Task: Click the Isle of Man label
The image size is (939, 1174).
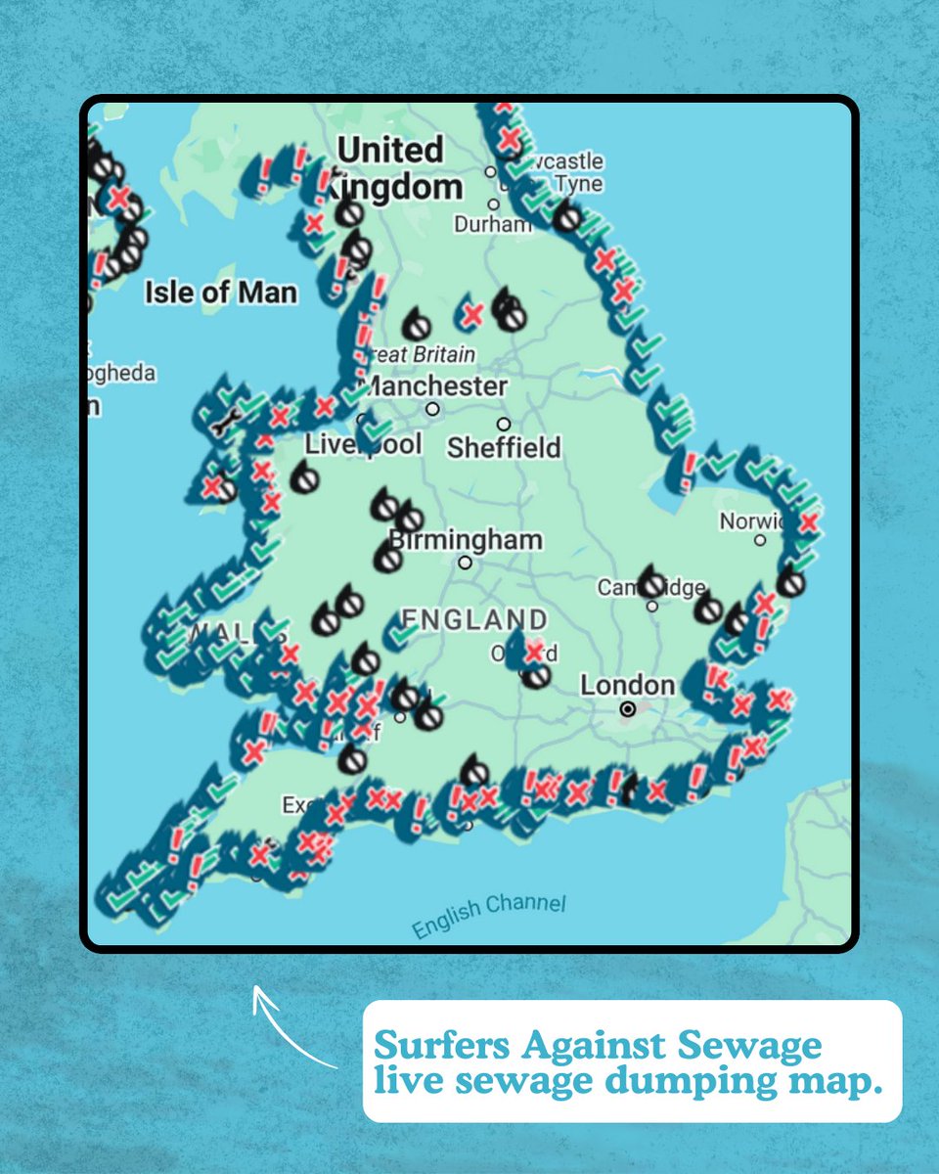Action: click(220, 292)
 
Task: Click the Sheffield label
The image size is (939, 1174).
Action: click(504, 448)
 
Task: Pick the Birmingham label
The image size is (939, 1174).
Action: click(466, 540)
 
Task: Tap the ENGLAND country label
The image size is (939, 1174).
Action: click(474, 619)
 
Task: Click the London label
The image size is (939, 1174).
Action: click(627, 685)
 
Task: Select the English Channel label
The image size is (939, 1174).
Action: click(488, 914)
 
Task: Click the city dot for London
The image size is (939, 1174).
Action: click(628, 709)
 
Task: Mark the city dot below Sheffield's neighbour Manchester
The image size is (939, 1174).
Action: click(432, 409)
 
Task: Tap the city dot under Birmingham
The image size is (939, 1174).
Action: click(466, 563)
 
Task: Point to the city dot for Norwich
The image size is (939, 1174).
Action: click(760, 540)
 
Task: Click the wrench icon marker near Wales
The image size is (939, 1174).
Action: click(224, 424)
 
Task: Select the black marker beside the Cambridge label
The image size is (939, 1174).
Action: click(651, 583)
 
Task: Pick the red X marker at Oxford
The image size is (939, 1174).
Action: click(533, 651)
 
